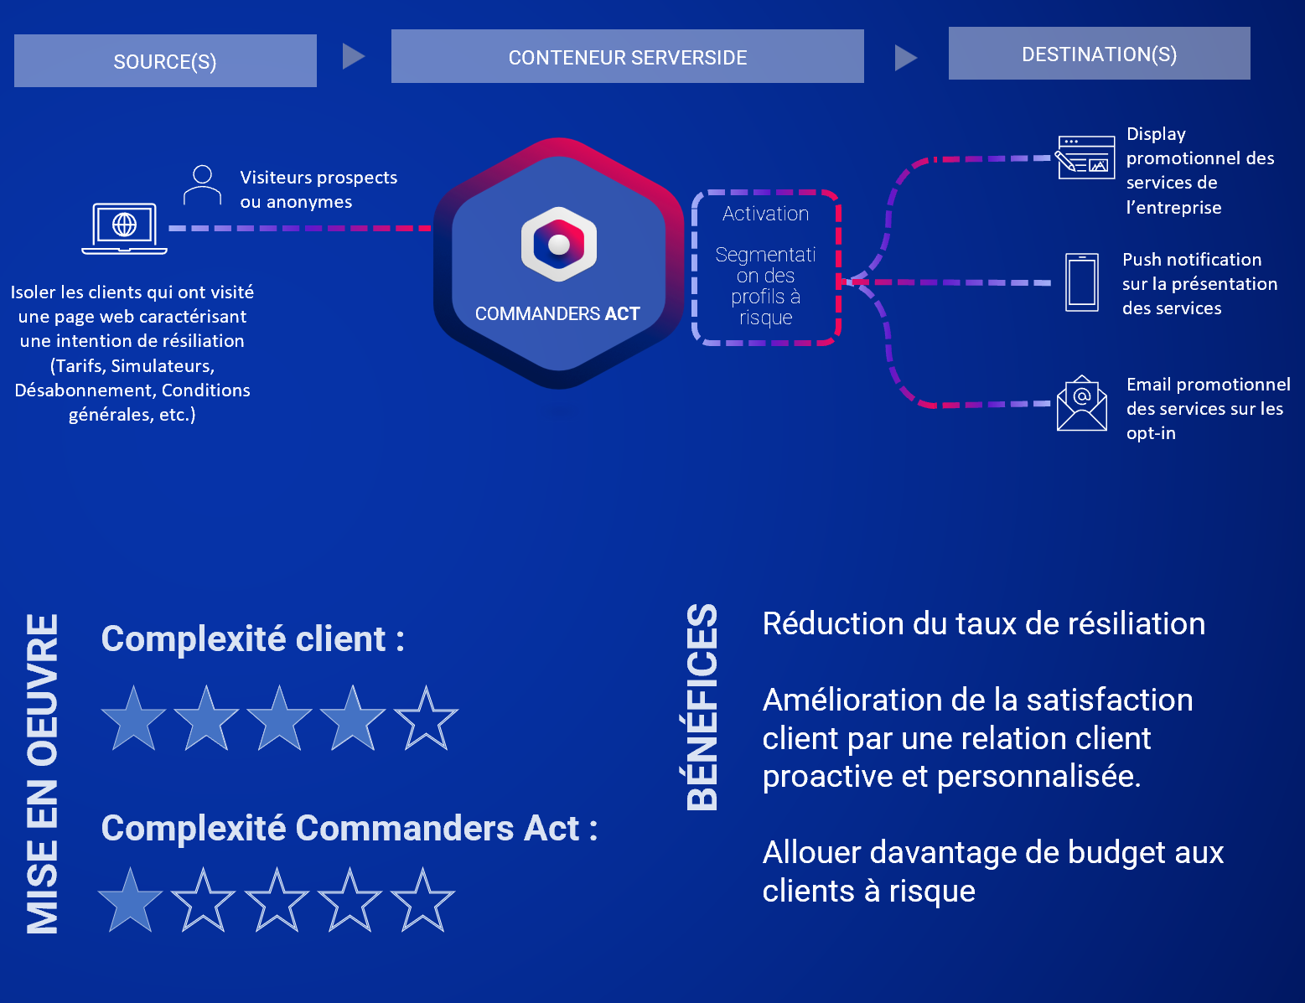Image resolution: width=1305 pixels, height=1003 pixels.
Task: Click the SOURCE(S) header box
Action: [165, 61]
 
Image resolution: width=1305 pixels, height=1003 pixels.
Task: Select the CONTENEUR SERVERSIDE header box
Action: [627, 57]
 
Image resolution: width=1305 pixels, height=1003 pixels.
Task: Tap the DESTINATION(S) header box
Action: [1099, 54]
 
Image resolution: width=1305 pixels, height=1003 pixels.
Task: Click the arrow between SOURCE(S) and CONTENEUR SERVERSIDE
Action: [353, 56]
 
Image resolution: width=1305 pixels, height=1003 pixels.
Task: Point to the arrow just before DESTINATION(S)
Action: [905, 58]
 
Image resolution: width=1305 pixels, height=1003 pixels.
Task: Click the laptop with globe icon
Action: [124, 227]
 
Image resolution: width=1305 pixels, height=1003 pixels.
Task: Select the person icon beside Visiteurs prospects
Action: [202, 185]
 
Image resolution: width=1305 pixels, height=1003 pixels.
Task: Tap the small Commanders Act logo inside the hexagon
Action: [558, 244]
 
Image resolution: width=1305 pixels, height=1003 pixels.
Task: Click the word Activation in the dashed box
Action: [765, 214]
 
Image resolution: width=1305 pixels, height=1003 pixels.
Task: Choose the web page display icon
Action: [1085, 158]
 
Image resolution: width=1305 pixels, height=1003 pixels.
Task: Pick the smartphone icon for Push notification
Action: [1081, 282]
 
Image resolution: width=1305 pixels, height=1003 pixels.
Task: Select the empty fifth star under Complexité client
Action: [426, 718]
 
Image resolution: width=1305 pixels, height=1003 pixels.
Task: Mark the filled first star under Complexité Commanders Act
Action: [131, 901]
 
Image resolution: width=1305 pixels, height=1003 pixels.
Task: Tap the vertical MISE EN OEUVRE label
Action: [42, 773]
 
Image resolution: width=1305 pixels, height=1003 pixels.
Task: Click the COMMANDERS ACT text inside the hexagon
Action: [557, 313]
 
